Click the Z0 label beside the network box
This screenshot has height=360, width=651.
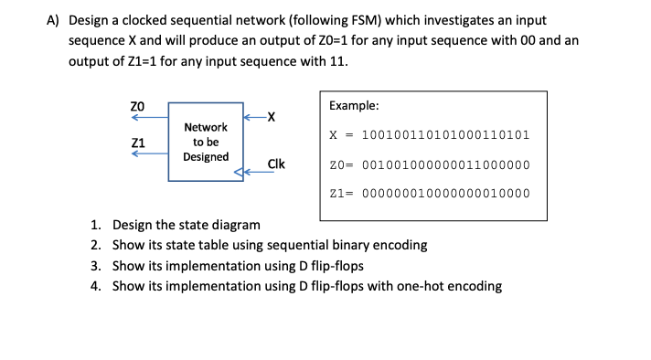[138, 106]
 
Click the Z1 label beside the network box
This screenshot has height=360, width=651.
[138, 143]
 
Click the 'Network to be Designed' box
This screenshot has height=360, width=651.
[206, 142]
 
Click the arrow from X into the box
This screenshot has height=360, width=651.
[253, 116]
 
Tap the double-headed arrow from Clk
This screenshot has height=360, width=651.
[249, 170]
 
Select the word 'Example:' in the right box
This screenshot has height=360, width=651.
[355, 106]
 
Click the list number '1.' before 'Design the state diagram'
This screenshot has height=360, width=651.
[97, 225]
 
